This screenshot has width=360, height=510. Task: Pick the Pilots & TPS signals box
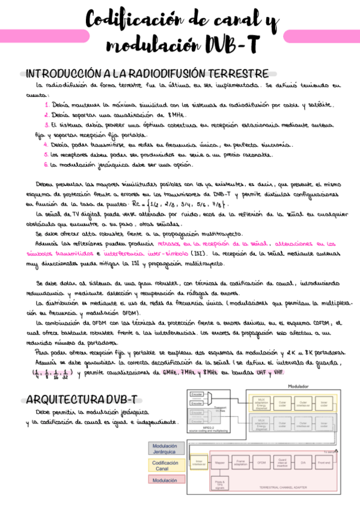(x=219, y=484)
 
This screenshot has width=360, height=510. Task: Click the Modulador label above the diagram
(x=298, y=386)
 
